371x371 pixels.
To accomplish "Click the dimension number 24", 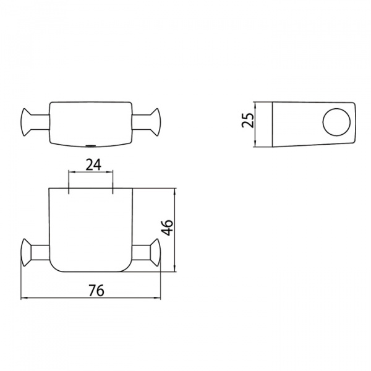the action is point(93,164).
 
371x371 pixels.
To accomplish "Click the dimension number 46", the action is point(168,228).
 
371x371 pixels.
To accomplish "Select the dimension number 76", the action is point(96,290).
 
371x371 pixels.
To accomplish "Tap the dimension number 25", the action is point(247,120).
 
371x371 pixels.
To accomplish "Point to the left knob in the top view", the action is point(26,122).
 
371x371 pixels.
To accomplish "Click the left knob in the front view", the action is point(26,252).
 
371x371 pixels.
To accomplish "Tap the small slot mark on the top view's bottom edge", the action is point(90,145).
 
